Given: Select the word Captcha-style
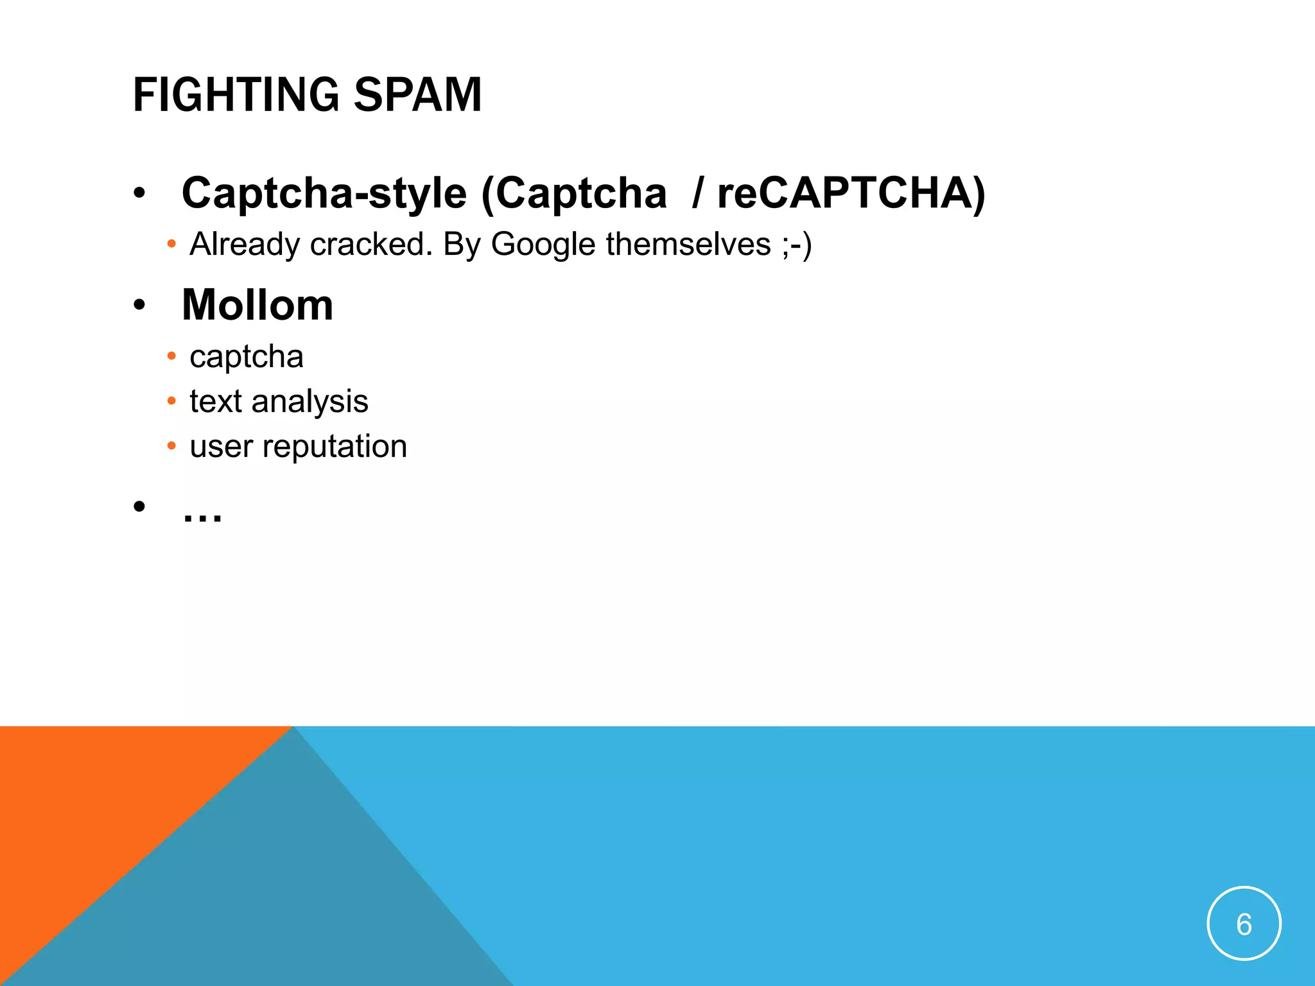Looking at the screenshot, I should pyautogui.click(x=324, y=193).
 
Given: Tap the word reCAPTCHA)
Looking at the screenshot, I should pyautogui.click(x=851, y=193).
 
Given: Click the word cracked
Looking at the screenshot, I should pyautogui.click(x=371, y=245).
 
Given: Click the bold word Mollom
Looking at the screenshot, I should pyautogui.click(x=257, y=305).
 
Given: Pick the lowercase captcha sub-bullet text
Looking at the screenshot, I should pyautogui.click(x=247, y=356).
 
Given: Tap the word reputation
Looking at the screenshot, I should pyautogui.click(x=335, y=447).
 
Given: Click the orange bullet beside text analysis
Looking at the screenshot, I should pyautogui.click(x=171, y=401).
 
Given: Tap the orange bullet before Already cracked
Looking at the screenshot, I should pyautogui.click(x=171, y=245).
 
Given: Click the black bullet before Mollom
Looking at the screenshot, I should pyautogui.click(x=139, y=306).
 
